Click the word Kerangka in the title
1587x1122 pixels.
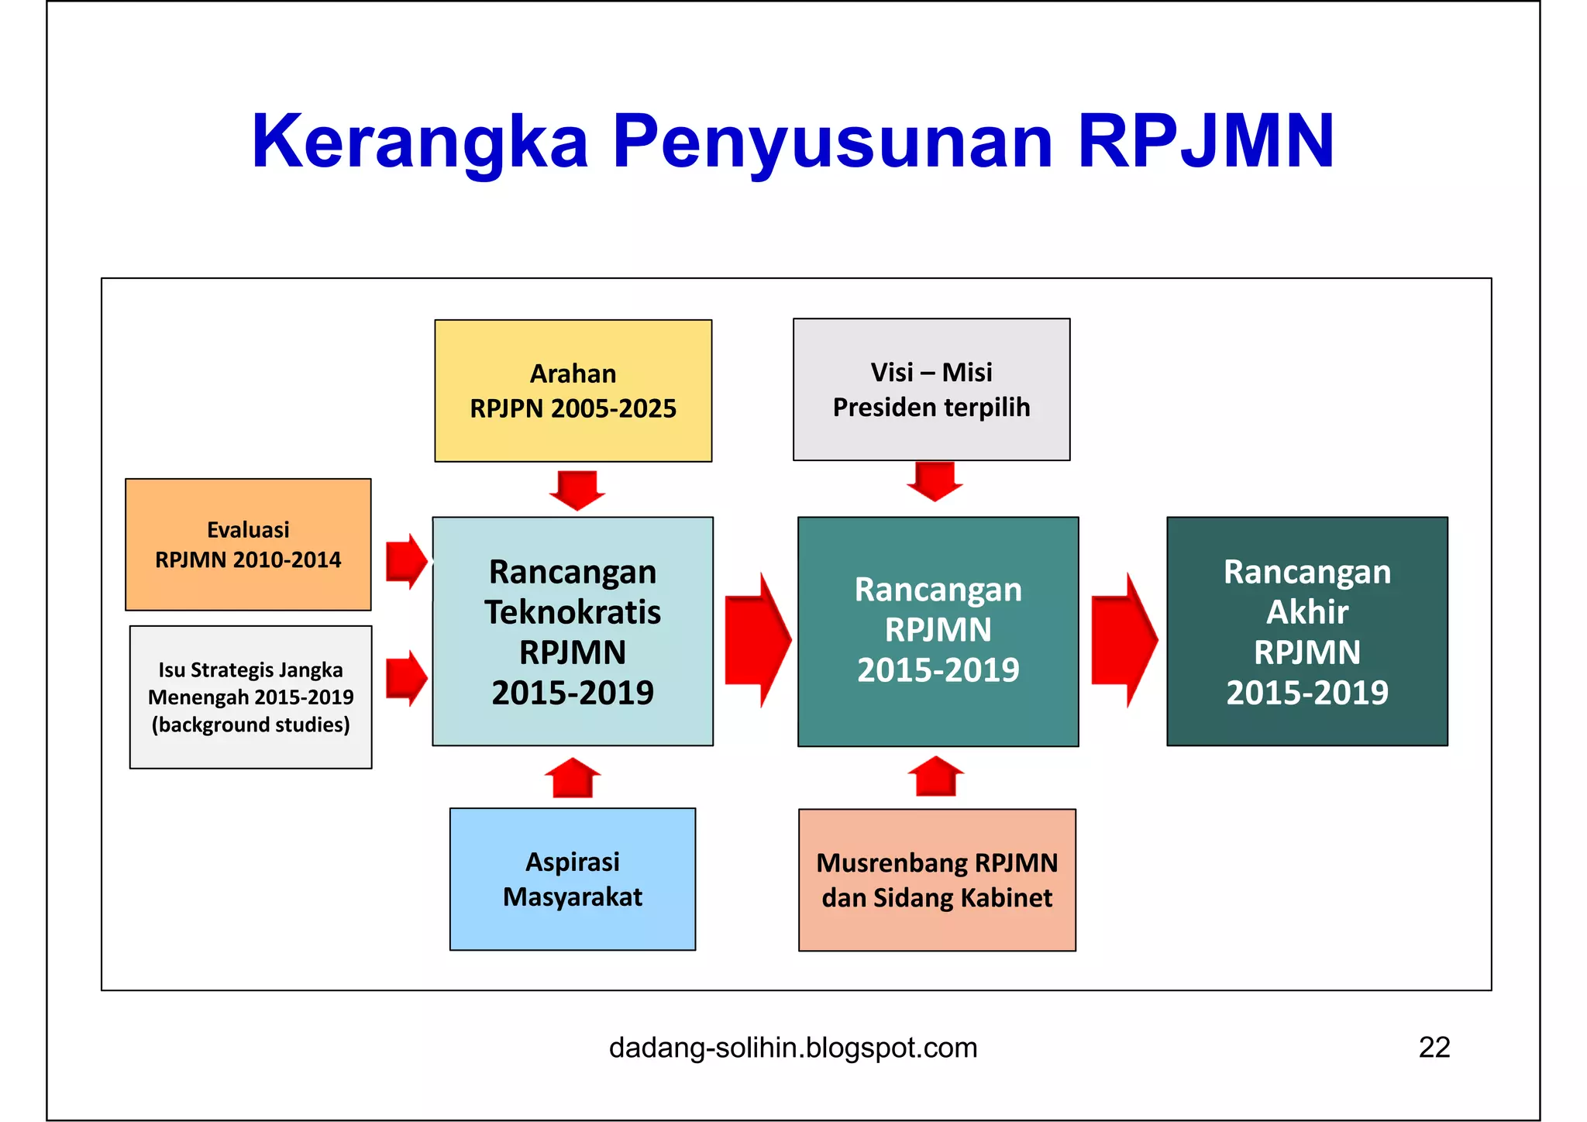[419, 141]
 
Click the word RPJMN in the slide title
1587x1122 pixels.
[1206, 141]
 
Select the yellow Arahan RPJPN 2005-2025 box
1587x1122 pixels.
[573, 391]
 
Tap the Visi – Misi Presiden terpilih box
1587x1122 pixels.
[931, 389]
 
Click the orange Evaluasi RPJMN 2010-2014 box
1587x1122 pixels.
[248, 545]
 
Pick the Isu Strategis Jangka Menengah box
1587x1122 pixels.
[250, 697]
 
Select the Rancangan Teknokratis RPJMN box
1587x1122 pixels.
[573, 632]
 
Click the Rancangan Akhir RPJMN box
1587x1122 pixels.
[1306, 632]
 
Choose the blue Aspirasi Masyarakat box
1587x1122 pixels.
[573, 879]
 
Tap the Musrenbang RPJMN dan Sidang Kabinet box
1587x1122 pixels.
[937, 879]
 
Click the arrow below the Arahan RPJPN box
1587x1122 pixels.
[577, 489]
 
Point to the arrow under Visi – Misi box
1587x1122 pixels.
[935, 480]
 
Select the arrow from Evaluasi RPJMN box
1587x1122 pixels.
[405, 561]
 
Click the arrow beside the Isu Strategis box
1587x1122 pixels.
[405, 678]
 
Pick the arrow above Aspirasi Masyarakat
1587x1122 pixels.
[573, 778]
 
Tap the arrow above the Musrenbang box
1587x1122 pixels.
[935, 776]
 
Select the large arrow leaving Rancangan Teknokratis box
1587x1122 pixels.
[756, 640]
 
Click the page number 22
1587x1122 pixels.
[1434, 1048]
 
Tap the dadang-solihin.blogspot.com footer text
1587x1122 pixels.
[793, 1048]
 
